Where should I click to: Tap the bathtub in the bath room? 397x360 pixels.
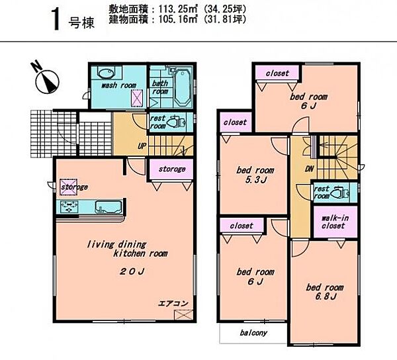[x=183, y=87]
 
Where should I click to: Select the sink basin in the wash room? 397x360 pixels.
[x=106, y=73]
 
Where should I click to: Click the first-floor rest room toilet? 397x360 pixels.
[x=177, y=122]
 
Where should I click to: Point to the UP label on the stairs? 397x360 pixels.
[x=142, y=146]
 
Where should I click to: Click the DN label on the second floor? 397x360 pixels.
[x=309, y=169]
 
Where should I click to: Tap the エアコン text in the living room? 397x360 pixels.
[x=173, y=303]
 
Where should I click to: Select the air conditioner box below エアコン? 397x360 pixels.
[x=183, y=315]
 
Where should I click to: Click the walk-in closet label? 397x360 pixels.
[x=335, y=222]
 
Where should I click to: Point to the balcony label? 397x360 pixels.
[x=253, y=333]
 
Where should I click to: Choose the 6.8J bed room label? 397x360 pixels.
[x=325, y=292]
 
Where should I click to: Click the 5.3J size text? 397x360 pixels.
[x=255, y=180]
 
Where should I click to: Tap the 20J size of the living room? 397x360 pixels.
[x=132, y=271]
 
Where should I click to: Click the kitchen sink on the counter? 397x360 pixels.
[x=108, y=207]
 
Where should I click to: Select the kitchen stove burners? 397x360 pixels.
[x=69, y=207]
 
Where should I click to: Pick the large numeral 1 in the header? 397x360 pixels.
[x=56, y=19]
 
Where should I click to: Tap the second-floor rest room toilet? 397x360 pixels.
[x=340, y=193]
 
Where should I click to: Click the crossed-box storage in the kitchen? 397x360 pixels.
[x=68, y=187]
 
